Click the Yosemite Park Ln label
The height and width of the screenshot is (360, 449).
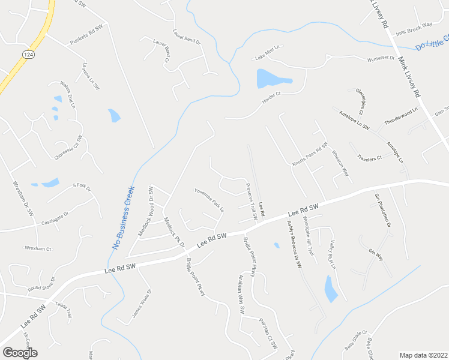point(209,200)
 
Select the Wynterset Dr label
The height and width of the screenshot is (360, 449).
point(381,59)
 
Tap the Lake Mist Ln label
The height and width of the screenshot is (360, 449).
point(268,52)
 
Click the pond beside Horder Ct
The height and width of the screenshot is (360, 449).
point(271,79)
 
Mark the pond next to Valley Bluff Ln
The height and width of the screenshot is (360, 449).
point(331,289)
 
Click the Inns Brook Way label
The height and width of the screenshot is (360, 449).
point(418,25)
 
